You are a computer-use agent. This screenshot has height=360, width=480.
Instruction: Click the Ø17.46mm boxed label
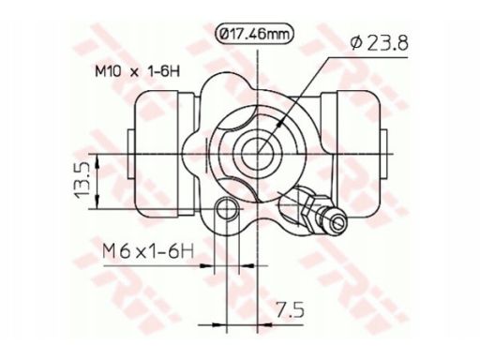click(x=255, y=34)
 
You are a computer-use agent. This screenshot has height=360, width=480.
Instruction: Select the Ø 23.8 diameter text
click(x=379, y=43)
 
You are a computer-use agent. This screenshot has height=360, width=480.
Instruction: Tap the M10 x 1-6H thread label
click(x=138, y=72)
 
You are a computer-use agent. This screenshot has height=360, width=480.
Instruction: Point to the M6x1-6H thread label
click(x=148, y=251)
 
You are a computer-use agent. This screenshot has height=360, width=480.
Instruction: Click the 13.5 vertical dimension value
click(x=82, y=180)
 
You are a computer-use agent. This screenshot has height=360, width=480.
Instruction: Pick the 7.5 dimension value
click(x=291, y=309)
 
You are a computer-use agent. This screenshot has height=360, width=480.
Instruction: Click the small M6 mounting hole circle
click(x=228, y=209)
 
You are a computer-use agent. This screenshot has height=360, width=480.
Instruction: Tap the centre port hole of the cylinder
click(x=257, y=153)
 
